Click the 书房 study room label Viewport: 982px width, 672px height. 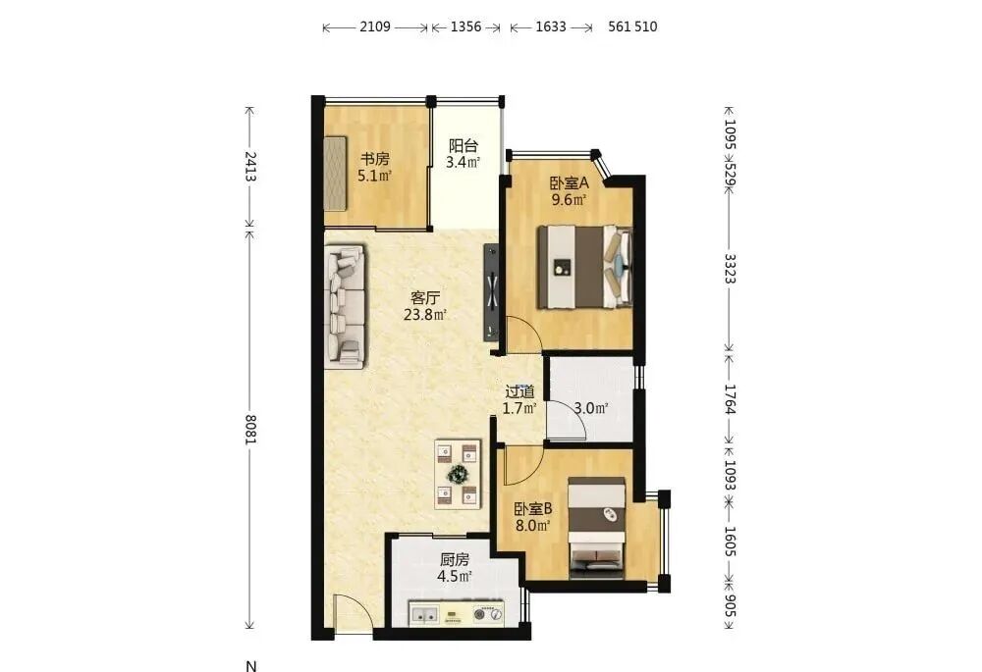click(x=374, y=159)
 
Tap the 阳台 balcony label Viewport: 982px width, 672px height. click(x=464, y=146)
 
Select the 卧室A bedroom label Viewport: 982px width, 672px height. click(x=570, y=183)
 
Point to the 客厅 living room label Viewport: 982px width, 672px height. click(x=425, y=298)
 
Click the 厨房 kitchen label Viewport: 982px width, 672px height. click(x=455, y=559)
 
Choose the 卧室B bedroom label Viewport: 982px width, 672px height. click(x=533, y=509)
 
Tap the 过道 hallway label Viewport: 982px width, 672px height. click(x=519, y=392)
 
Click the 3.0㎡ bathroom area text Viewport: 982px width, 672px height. click(x=591, y=408)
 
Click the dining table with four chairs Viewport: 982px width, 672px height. click(x=458, y=474)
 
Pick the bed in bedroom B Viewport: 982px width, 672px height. click(x=597, y=527)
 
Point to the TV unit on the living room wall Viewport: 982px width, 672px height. click(x=491, y=292)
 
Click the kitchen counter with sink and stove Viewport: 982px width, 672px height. click(x=456, y=613)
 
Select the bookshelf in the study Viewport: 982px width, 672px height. click(x=335, y=174)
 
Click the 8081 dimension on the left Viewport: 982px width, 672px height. click(x=250, y=430)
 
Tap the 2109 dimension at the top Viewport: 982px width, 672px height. click(x=375, y=26)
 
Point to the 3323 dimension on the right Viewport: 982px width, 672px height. click(x=730, y=269)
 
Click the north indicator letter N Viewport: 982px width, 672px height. click(x=251, y=666)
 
